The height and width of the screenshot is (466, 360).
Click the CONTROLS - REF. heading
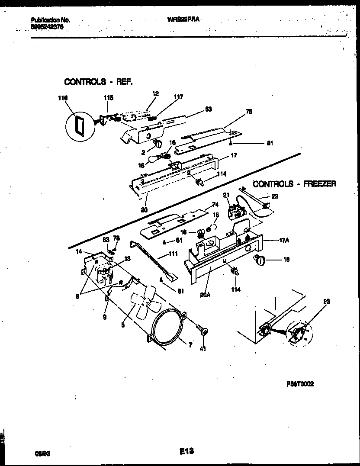(98, 81)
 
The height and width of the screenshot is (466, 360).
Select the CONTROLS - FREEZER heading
(294, 184)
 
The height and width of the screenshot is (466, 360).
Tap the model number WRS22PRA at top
(183, 19)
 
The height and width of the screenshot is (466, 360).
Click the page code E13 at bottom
(186, 452)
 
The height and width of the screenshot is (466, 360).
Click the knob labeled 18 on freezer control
(260, 260)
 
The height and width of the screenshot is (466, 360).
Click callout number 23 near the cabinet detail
(327, 302)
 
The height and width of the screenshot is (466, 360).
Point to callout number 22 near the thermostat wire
(274, 196)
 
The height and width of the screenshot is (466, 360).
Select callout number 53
(209, 109)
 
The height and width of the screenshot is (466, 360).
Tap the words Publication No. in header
(51, 20)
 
